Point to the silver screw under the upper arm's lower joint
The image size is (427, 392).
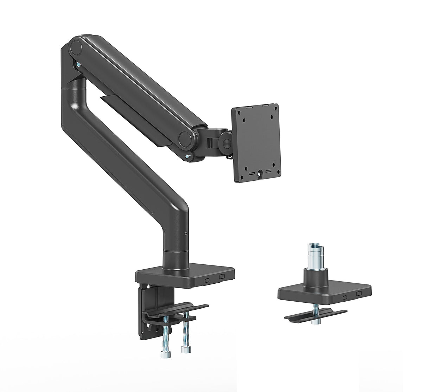coord(190,157)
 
